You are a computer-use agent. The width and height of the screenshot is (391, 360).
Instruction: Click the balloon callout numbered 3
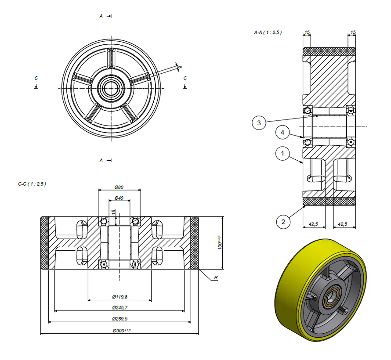[x=259, y=123]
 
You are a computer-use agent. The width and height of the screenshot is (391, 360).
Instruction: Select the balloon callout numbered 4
[x=282, y=132]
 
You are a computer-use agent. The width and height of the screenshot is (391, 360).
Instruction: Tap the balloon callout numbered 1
[x=282, y=154]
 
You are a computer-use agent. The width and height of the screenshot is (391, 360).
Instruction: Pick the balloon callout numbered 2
[x=283, y=222]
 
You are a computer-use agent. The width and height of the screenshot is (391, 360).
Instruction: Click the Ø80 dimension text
[x=119, y=187]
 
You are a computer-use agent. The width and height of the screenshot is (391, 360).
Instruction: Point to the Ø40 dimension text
[x=119, y=198]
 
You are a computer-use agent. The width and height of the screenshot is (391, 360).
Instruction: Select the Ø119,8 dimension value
[x=119, y=297]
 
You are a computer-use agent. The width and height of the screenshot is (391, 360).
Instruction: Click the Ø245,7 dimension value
[x=119, y=308]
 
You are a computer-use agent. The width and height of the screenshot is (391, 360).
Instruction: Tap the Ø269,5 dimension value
[x=119, y=319]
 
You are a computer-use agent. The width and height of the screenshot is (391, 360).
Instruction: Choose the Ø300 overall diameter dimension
[x=120, y=330]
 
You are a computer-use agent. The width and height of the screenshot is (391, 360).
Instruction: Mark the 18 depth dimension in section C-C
[x=113, y=212]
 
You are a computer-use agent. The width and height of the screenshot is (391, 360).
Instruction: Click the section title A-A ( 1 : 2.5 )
[x=268, y=32]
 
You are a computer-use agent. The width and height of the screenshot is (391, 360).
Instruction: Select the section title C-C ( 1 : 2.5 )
[x=32, y=184]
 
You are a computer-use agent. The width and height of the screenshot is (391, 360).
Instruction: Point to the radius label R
[x=216, y=278]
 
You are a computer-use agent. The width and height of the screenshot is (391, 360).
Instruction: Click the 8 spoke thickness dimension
[x=179, y=67]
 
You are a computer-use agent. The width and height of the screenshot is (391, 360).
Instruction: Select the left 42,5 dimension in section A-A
[x=313, y=224]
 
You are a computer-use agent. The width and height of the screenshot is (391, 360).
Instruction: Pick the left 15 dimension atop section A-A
[x=307, y=32]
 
